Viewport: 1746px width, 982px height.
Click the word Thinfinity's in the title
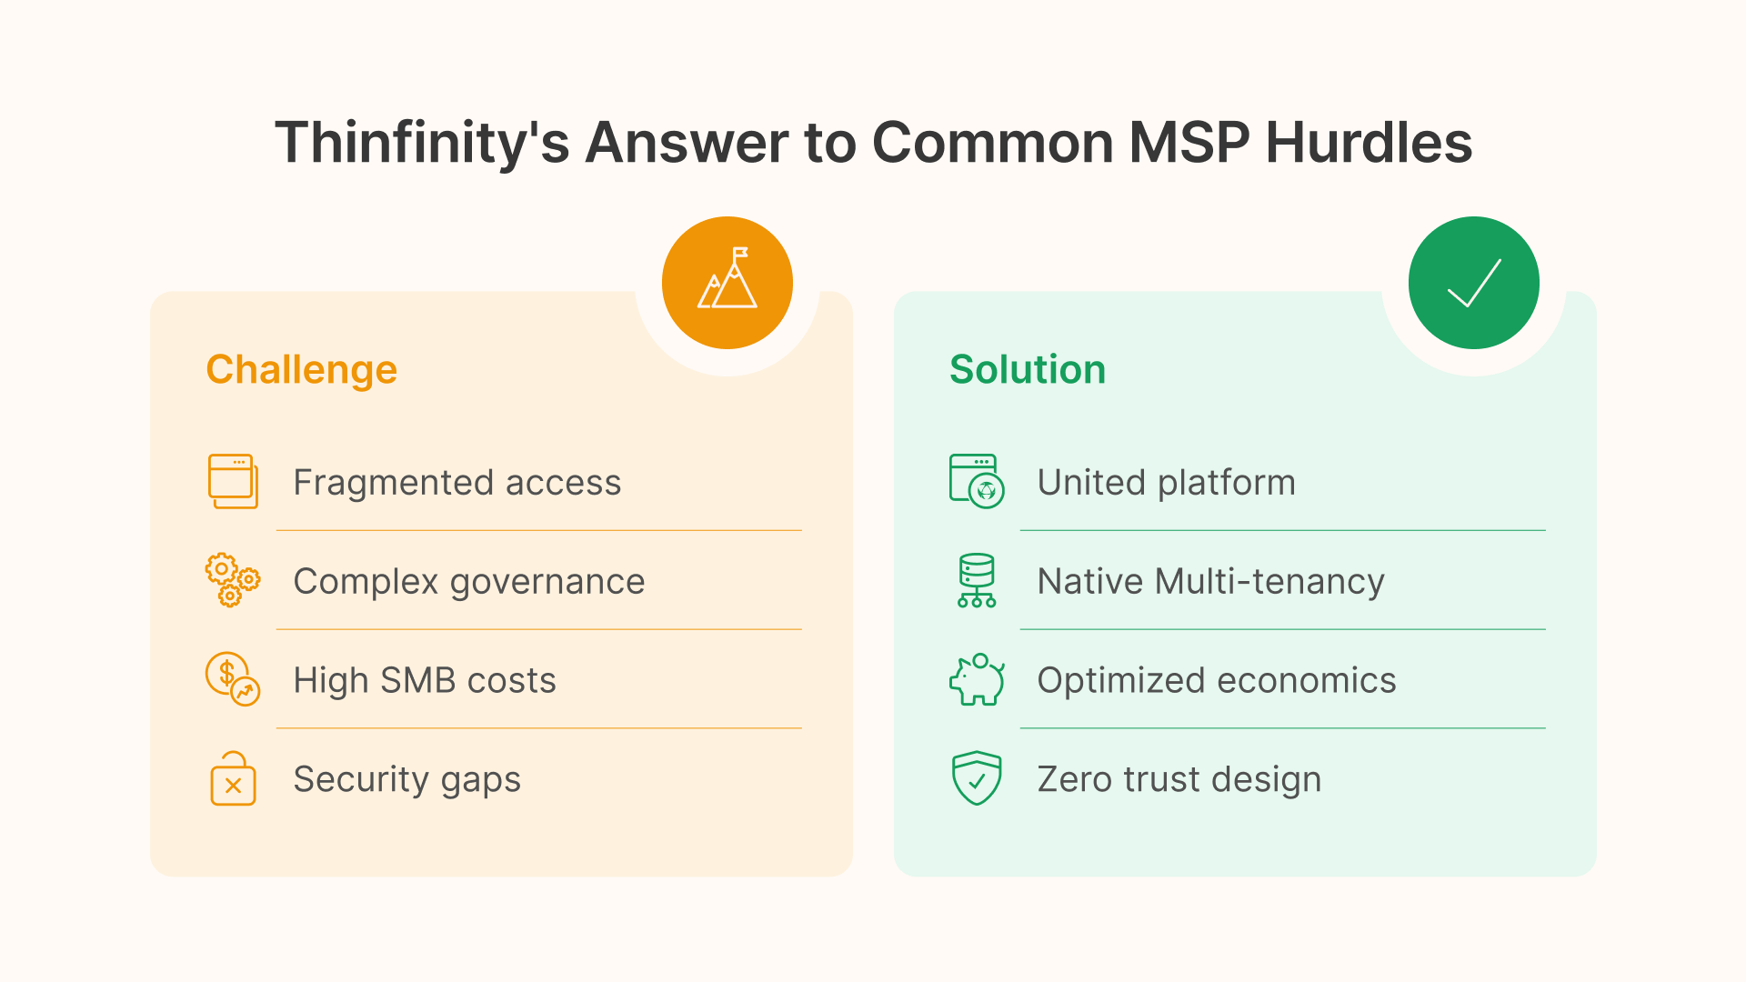click(x=422, y=143)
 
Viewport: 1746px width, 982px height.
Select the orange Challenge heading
click(x=301, y=369)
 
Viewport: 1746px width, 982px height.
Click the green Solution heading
click(x=1027, y=369)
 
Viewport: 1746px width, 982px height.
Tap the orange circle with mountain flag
click(x=727, y=283)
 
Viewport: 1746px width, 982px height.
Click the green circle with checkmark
click(x=1473, y=283)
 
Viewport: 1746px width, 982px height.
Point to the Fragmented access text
click(x=457, y=482)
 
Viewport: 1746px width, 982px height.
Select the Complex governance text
click(x=468, y=581)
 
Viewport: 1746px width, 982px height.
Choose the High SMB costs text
click(x=424, y=680)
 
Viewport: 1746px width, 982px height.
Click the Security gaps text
click(x=406, y=779)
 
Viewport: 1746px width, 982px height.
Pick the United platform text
click(x=1166, y=482)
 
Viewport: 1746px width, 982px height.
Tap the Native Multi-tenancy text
click(x=1210, y=581)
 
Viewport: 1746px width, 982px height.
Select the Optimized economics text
click(x=1216, y=680)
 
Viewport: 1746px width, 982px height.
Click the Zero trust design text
click(x=1179, y=779)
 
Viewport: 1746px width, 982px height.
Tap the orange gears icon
click(x=232, y=580)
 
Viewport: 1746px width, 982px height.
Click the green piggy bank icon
click(x=977, y=679)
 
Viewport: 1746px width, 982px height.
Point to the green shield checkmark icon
click(x=977, y=777)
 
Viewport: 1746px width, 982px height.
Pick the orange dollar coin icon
click(x=232, y=679)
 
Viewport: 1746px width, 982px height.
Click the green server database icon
click(x=977, y=580)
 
